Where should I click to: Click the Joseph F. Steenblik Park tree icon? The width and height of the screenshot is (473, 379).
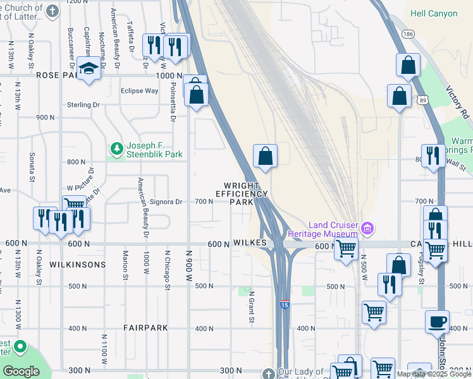coord(116,149)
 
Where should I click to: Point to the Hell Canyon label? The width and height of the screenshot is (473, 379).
coord(439,13)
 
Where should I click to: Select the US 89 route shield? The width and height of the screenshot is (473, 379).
coord(422,99)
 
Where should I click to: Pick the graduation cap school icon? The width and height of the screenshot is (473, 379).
coord(89,68)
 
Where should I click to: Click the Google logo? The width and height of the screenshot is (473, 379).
coord(21,371)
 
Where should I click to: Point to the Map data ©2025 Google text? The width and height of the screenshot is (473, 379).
coord(433,374)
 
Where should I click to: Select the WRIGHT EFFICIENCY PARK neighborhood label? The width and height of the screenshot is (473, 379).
coord(241,194)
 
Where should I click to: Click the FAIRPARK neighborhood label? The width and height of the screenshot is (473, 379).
coord(146,328)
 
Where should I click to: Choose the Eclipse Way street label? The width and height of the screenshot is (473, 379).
coord(139,91)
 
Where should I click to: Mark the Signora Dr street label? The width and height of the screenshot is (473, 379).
coord(166,202)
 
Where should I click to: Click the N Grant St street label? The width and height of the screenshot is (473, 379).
coord(251,307)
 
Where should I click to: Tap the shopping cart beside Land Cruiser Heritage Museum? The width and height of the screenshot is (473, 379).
coord(345,249)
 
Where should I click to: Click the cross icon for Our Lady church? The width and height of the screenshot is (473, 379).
coord(268,373)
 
